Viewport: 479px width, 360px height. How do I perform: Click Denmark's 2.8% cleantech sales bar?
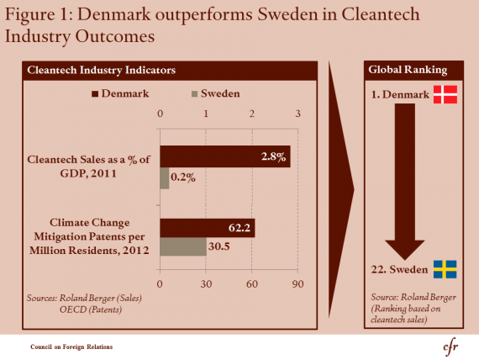coord(225,156)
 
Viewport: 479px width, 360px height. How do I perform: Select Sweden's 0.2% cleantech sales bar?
coord(165,178)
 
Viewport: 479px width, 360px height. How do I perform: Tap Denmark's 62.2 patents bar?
coord(208,228)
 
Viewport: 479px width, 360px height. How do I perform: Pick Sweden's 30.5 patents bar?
coord(183,246)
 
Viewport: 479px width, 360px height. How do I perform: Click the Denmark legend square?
coord(95,93)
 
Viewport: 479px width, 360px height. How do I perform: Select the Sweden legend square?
coord(195,93)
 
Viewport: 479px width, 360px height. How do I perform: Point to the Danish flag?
coord(445,94)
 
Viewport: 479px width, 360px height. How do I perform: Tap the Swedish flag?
coord(445,269)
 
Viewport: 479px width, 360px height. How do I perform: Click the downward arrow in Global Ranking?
coord(405,182)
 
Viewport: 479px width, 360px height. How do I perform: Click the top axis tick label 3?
coord(297,114)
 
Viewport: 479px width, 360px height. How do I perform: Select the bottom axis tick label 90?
coord(297,284)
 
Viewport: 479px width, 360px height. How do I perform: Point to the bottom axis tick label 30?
coord(206,284)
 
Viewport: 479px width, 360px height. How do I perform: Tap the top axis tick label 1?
coord(206,114)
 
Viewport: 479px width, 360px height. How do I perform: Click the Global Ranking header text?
coord(408,70)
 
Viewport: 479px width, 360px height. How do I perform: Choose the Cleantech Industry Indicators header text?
coord(102,70)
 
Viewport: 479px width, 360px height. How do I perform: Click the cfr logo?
coord(450,347)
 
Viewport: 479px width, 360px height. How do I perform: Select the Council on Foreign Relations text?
coord(71,347)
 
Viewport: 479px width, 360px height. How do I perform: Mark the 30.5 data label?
coord(219,246)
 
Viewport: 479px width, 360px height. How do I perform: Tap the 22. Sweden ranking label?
coord(399,269)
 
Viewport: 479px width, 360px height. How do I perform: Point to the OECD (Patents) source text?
coord(91,310)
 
